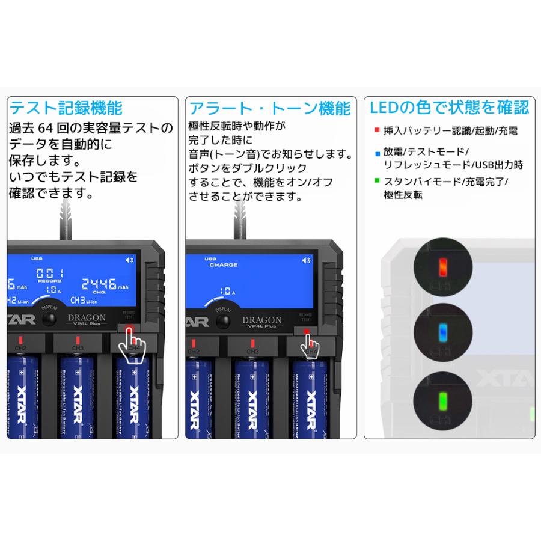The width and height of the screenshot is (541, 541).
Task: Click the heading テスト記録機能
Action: tap(66, 108)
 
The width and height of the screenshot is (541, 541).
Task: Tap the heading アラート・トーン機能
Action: tap(270, 108)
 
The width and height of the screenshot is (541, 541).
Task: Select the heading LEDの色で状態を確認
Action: tap(450, 108)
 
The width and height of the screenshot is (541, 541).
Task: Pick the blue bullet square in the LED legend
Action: tap(376, 153)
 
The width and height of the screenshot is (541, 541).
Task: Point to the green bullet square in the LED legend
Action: tap(376, 180)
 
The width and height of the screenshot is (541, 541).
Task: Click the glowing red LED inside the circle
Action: tap(442, 266)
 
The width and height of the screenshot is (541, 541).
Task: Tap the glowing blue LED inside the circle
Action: tap(442, 330)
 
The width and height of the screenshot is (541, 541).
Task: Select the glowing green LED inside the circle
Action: tap(442, 399)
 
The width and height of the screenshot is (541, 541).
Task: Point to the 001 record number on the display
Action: tap(49, 272)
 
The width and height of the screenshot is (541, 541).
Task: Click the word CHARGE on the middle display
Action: tap(224, 265)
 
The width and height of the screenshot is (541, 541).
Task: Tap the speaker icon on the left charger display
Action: tap(129, 260)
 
